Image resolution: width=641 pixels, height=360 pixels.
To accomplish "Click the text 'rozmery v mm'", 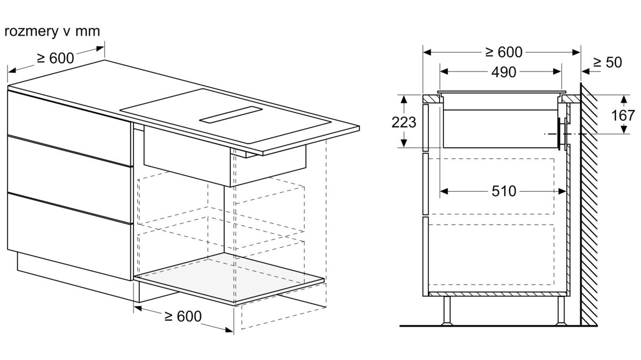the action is pos(52,32).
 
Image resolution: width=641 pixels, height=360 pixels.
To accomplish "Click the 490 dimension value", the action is pos(504,72).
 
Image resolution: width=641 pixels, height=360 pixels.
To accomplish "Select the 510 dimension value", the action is pos(504,191).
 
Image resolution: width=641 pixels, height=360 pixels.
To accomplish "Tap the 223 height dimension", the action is pos(403,122).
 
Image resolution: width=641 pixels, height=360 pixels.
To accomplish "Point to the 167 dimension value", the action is pos(623,115).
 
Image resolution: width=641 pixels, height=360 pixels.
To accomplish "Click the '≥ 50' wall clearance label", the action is pos(607,62).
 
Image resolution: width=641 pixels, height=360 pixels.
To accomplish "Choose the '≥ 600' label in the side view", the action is pos(504,52).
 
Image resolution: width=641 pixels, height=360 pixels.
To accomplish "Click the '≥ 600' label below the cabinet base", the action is pos(183,316).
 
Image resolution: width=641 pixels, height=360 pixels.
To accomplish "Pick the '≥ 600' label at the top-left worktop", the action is pos(56,58).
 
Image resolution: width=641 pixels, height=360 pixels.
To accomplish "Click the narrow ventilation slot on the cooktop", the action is pos(231,115).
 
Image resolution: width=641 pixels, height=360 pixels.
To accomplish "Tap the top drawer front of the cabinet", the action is pos(69,127).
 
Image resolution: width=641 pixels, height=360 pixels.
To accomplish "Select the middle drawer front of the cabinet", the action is pos(69,179).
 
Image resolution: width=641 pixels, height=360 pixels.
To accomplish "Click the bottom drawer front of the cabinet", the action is pos(69,236).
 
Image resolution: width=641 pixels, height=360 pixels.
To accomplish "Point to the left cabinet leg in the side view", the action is pos(447,311).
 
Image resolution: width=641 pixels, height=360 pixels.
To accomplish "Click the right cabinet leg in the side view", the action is pos(561,311).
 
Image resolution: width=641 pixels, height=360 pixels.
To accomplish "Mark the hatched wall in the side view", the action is pos(589,205).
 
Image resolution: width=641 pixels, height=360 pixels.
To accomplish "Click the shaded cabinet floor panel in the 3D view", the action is pos(229,277).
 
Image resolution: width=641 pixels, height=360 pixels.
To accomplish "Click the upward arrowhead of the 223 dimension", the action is pos(403,99).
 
